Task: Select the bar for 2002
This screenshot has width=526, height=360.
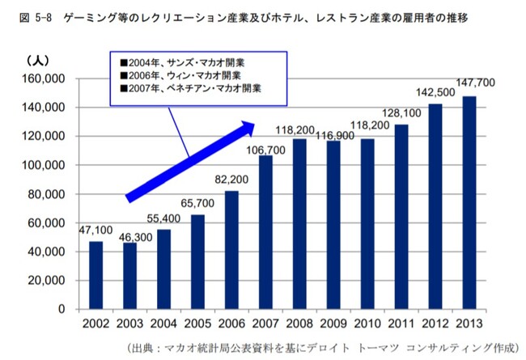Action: pos(96,275)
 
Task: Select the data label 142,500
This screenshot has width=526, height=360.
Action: pos(435,94)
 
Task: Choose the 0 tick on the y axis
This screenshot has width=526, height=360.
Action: pos(62,309)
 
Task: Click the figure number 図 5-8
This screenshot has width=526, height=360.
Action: pos(29,16)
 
